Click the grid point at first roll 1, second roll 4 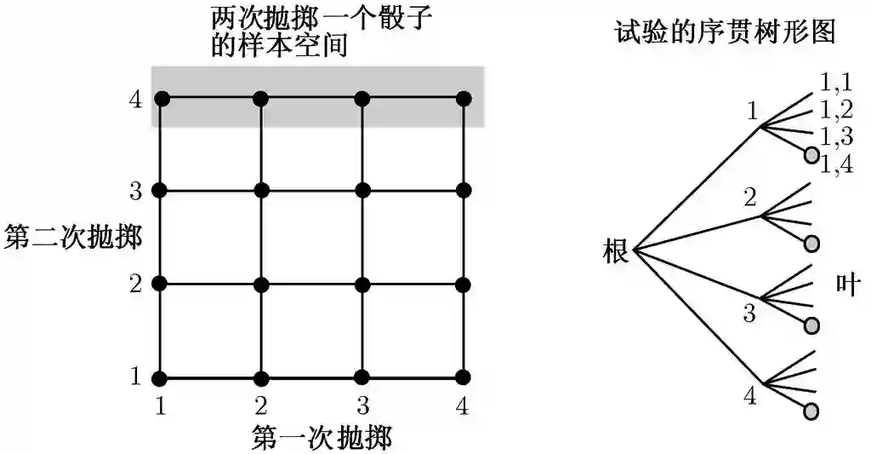point(162,99)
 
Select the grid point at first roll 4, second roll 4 point(463,99)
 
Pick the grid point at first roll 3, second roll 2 point(363,284)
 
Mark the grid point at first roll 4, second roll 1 point(463,376)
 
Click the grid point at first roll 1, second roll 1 point(162,376)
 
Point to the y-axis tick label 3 point(134,191)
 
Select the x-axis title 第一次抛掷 point(322,438)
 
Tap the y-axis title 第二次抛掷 point(72,237)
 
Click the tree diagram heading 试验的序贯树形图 point(725,32)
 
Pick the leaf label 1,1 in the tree point(836,83)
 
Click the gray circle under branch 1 point(811,155)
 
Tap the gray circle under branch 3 point(811,325)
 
